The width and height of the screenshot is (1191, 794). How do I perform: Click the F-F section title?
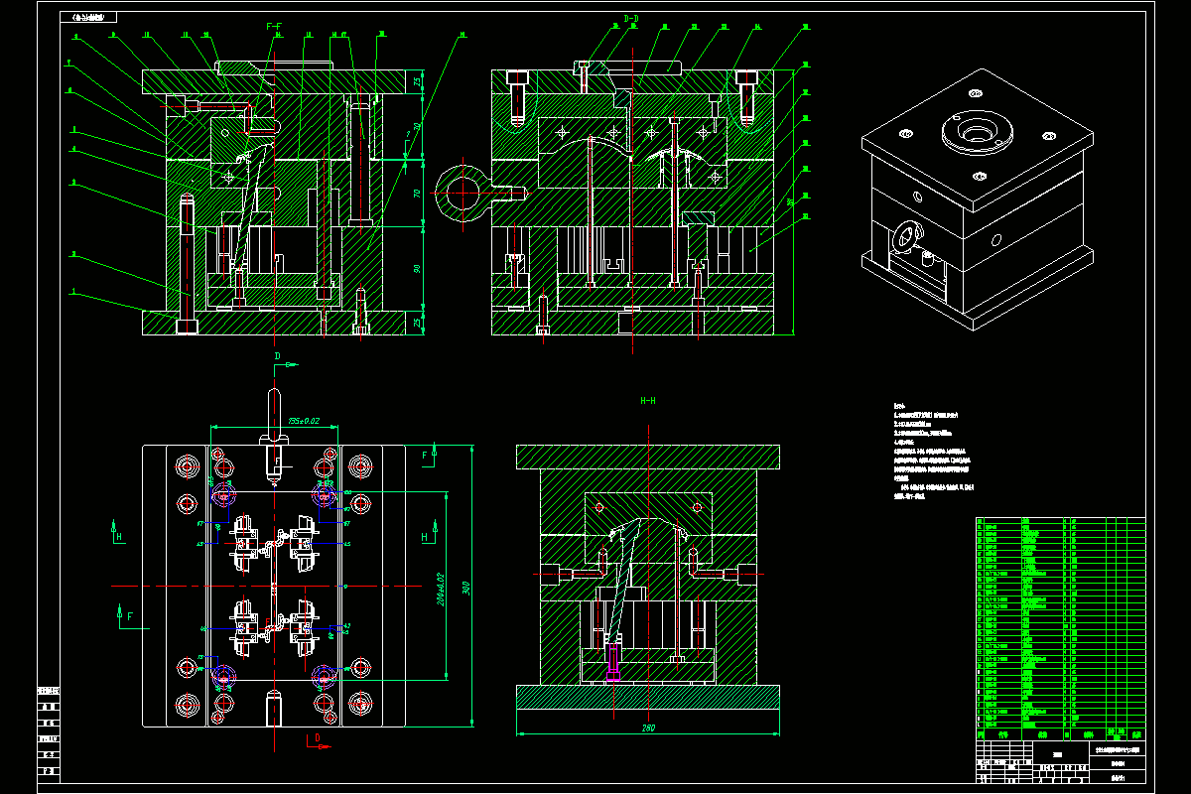point(274,25)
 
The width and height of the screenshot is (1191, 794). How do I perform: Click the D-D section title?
point(631,19)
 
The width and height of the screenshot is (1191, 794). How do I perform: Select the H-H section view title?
point(647,401)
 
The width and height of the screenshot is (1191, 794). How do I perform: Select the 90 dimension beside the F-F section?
point(418,269)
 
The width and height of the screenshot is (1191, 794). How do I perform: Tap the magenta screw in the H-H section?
point(612,660)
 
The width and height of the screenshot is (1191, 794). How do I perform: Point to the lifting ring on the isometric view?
point(906,237)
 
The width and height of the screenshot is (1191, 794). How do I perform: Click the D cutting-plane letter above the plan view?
point(278,356)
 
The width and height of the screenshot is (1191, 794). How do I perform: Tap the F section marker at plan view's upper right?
point(425,456)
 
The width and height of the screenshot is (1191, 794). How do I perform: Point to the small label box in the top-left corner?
point(88,17)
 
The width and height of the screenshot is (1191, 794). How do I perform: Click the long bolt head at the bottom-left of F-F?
point(186,326)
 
